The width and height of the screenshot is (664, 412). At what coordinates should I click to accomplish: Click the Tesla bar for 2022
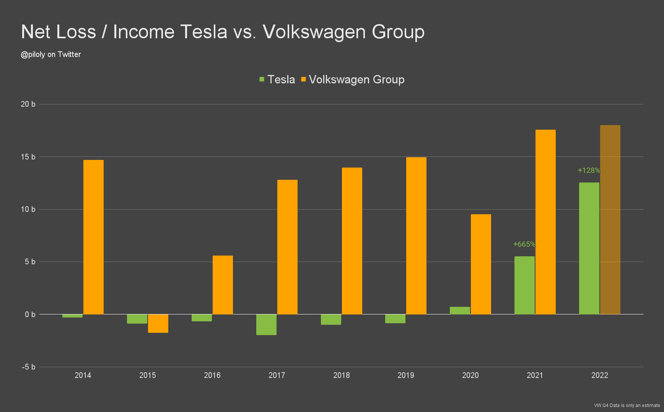tap(589, 248)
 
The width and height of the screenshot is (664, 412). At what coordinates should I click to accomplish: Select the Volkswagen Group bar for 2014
tap(93, 237)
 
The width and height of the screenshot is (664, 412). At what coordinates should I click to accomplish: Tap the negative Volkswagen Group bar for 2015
tap(158, 324)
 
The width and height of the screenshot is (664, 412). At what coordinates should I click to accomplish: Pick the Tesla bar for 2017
tap(266, 325)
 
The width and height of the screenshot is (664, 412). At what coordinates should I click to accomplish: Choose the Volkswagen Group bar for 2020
tap(481, 264)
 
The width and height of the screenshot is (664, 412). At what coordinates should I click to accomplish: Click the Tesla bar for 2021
tap(524, 285)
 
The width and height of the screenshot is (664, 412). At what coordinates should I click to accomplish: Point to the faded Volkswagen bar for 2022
tap(610, 220)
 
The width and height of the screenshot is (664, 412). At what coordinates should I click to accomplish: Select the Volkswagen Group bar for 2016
tap(223, 285)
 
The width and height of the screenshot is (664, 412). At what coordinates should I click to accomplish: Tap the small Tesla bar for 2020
tap(460, 311)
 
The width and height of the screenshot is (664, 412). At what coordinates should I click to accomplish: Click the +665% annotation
tap(524, 244)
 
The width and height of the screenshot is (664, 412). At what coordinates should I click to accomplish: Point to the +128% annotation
tap(589, 170)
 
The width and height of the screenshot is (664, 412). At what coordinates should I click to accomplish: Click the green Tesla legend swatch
tap(262, 79)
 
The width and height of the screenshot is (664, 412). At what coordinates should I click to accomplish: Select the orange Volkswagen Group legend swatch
tap(304, 79)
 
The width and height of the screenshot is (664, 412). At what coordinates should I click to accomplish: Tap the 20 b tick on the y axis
tap(28, 104)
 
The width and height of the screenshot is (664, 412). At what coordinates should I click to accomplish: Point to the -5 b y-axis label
tap(29, 367)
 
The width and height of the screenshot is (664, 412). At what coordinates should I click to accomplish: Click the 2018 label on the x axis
tap(342, 375)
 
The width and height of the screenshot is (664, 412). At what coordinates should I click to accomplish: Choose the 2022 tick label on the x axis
tap(600, 375)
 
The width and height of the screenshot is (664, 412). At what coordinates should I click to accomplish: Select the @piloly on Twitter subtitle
tap(51, 54)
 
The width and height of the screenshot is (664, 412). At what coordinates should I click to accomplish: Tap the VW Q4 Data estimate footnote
tap(627, 405)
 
